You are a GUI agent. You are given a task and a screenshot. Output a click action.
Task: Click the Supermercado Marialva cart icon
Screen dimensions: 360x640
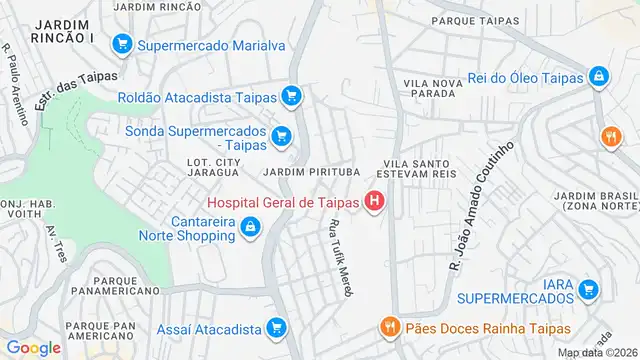click(x=124, y=44)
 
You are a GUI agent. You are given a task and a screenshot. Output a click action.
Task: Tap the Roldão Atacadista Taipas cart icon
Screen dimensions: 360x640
click(x=291, y=97)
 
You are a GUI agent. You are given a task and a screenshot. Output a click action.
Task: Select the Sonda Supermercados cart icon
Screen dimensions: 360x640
click(x=282, y=136)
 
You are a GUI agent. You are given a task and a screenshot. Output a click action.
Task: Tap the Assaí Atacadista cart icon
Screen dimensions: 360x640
click(x=276, y=327)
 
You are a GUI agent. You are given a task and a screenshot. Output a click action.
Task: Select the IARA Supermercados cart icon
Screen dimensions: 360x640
click(x=590, y=290)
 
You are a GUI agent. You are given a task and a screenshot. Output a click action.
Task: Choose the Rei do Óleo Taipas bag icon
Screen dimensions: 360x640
click(x=598, y=75)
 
